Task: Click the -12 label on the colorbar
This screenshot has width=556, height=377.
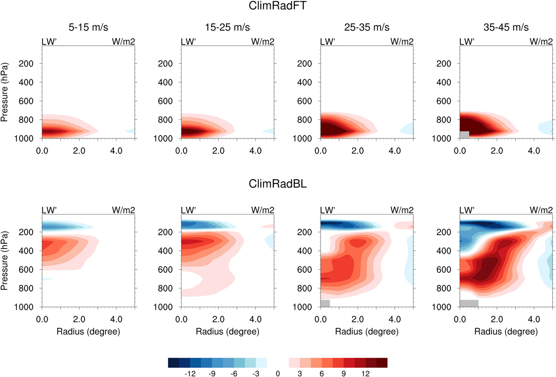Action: (190, 374)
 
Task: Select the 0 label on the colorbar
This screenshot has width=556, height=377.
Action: (278, 374)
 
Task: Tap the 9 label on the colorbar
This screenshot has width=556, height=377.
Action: (344, 374)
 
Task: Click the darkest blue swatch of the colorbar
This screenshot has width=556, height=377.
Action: (173, 362)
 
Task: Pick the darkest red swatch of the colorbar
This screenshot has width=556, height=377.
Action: (382, 362)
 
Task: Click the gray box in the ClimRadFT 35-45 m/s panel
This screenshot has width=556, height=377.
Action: (465, 134)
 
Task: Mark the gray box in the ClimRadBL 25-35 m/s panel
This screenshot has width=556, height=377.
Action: (325, 303)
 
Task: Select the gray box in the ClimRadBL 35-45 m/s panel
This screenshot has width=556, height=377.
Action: (469, 303)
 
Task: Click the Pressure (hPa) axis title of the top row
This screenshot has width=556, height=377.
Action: (6, 91)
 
